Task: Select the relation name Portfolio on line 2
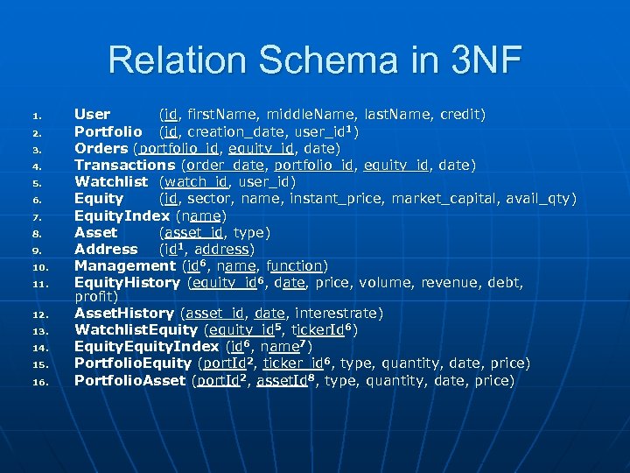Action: coord(108,131)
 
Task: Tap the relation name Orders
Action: coord(101,148)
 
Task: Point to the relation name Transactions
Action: coord(124,165)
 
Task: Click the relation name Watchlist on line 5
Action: coord(111,182)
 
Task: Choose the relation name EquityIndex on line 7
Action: coord(122,215)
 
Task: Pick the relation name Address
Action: coord(106,249)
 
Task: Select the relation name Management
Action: coord(124,265)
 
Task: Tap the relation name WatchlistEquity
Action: coord(136,330)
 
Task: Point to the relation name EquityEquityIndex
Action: coord(146,347)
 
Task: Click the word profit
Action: coord(96,296)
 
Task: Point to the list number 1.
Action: coord(37,116)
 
